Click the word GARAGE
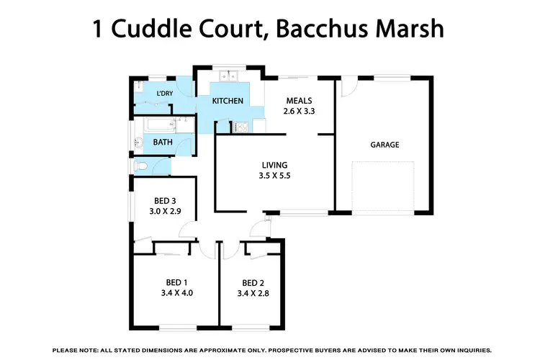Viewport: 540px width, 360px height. pyautogui.click(x=384, y=145)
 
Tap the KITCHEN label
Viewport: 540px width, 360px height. pyautogui.click(x=228, y=101)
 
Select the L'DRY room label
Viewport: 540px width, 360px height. pyautogui.click(x=166, y=94)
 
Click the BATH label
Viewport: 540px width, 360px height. pyautogui.click(x=163, y=142)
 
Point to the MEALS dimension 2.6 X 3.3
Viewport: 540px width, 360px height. pyautogui.click(x=299, y=112)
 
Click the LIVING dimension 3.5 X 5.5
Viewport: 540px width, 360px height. pyautogui.click(x=275, y=175)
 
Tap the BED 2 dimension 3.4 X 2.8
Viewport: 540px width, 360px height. pyautogui.click(x=253, y=293)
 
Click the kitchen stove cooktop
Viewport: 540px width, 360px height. pyautogui.click(x=240, y=127)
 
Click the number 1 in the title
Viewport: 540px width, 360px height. pyautogui.click(x=99, y=30)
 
